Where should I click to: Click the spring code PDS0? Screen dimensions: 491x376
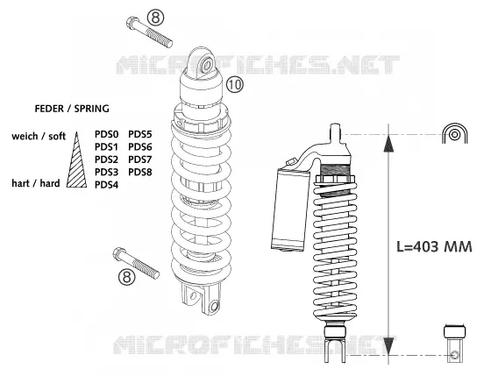click(x=106, y=134)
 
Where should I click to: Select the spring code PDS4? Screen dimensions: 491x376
click(x=106, y=185)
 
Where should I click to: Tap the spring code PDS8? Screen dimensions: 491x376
click(x=140, y=172)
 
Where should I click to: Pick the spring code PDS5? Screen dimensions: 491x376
click(x=140, y=134)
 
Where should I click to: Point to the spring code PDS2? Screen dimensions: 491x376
click(x=106, y=160)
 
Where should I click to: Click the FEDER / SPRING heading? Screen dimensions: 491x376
click(x=72, y=109)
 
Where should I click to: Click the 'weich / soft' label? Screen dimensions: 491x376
click(x=39, y=136)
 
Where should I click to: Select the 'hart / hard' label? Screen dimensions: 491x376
click(x=36, y=183)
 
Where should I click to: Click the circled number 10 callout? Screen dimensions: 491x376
click(x=235, y=84)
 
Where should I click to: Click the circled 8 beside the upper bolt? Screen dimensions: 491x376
click(x=156, y=18)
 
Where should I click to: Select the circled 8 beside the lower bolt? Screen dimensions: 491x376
click(x=127, y=277)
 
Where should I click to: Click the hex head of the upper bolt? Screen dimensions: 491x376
click(x=132, y=23)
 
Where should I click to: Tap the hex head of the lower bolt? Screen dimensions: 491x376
click(x=119, y=253)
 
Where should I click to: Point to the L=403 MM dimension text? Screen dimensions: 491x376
click(x=434, y=246)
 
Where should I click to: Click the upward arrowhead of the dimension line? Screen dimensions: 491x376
click(x=388, y=143)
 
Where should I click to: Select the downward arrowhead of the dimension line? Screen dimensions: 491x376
click(x=388, y=346)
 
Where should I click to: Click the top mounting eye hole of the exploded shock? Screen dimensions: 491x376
click(x=207, y=67)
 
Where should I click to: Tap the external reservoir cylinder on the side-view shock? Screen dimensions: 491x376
click(x=289, y=209)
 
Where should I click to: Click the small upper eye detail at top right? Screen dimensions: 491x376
click(x=455, y=134)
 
